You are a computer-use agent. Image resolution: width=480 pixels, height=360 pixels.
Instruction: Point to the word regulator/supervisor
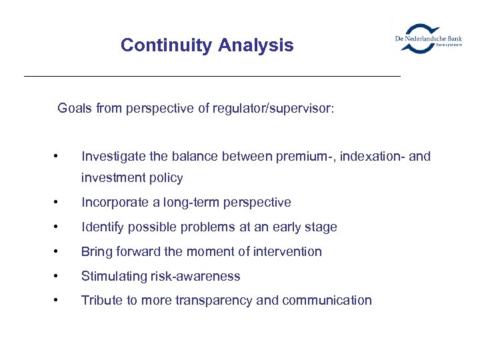click(x=273, y=108)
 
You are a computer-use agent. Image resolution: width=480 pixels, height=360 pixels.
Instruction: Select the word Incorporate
click(x=115, y=202)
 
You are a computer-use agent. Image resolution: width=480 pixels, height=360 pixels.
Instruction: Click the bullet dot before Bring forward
click(x=61, y=251)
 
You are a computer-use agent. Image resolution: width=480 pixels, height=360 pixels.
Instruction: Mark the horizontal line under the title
click(x=212, y=77)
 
